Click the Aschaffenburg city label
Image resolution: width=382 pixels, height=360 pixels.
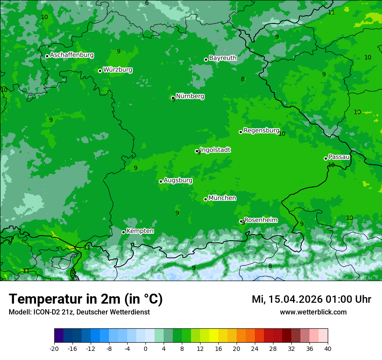point(72,55)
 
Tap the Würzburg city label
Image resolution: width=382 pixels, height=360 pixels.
point(118,70)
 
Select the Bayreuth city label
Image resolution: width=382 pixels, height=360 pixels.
point(223,58)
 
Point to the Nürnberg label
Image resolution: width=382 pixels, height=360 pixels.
point(190,96)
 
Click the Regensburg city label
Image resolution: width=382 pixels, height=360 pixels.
point(261,131)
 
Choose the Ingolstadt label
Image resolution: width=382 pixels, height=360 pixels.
point(215,150)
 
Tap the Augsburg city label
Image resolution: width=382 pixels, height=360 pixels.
point(178,180)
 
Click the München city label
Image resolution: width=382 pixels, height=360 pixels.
point(222,198)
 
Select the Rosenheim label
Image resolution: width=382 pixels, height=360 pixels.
point(260,220)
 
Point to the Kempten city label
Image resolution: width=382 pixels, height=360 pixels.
point(140,231)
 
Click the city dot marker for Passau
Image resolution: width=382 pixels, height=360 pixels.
point(326,158)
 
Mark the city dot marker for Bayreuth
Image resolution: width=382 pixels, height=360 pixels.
point(206,59)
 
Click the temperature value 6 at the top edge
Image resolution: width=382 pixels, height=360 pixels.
point(147,3)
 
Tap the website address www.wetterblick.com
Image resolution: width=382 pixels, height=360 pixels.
point(313,312)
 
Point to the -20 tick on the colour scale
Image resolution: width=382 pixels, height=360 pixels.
point(54,348)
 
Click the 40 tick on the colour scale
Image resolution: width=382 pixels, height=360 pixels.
point(328,348)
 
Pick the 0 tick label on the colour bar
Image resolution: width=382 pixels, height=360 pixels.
point(145,348)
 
